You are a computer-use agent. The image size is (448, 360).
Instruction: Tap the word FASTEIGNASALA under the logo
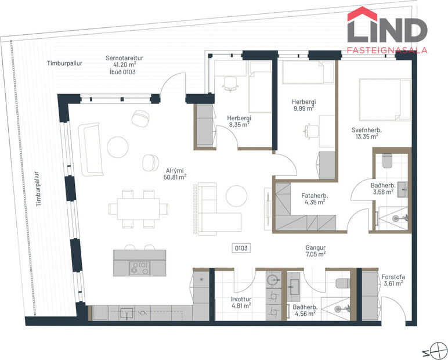[387, 49]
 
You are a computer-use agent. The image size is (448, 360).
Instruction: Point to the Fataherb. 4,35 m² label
[313, 199]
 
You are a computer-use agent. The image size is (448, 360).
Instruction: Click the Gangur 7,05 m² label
[316, 250]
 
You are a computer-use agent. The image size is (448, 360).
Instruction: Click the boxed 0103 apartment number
[241, 248]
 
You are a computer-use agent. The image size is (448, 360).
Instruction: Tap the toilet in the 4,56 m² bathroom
[342, 283]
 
